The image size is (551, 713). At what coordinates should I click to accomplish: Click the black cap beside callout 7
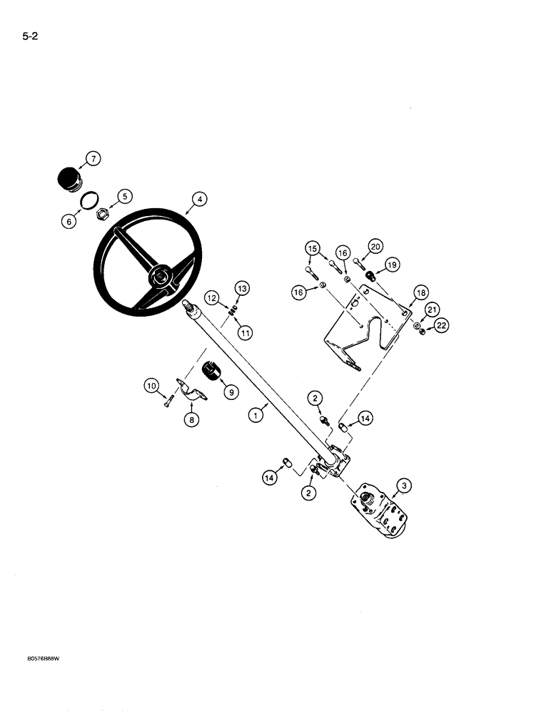pyautogui.click(x=68, y=179)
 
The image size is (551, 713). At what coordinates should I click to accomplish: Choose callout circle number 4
pyautogui.click(x=201, y=200)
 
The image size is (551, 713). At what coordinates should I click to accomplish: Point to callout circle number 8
pyautogui.click(x=191, y=421)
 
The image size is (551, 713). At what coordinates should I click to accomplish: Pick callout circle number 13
pyautogui.click(x=241, y=288)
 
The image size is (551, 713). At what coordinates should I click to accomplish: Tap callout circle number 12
pyautogui.click(x=211, y=297)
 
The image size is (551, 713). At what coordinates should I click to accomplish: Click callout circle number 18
pyautogui.click(x=420, y=293)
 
